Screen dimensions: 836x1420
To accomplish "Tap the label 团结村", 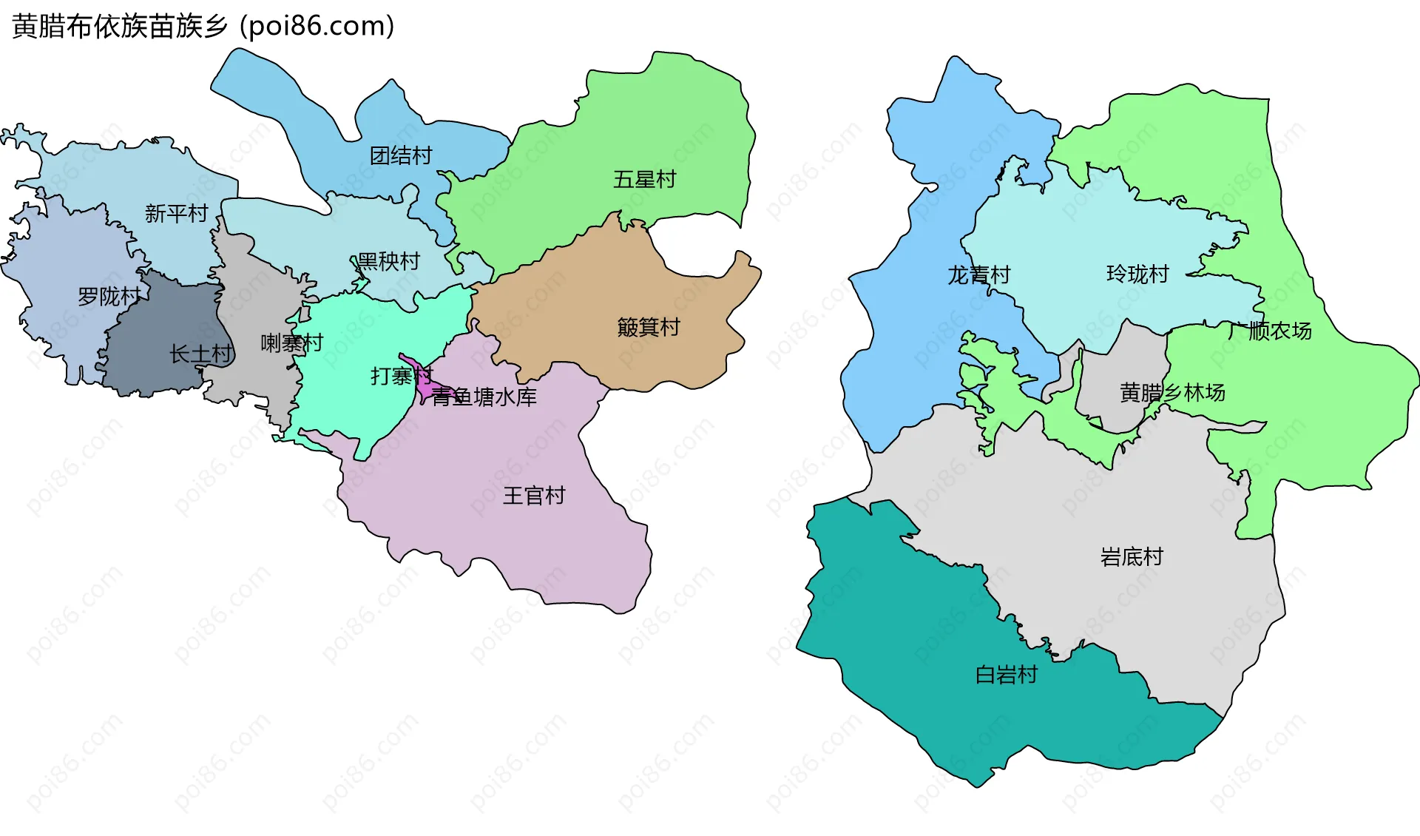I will (x=401, y=156).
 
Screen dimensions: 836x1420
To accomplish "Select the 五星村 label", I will (x=644, y=180).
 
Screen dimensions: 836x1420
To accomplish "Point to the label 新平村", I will (x=176, y=214).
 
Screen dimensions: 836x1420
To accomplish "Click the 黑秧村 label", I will (x=388, y=261).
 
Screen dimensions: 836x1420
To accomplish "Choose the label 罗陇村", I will (x=109, y=297).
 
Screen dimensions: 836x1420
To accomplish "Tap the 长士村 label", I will (x=200, y=354).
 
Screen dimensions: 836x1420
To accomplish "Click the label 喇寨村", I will (x=291, y=343).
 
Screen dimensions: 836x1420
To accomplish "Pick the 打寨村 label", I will (x=401, y=377).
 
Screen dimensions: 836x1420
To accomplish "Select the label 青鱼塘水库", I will (x=484, y=397).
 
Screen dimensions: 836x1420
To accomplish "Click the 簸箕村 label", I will (x=649, y=327).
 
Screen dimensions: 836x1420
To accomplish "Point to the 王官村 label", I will (x=534, y=496).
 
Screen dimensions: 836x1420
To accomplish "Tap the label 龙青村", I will (x=979, y=275).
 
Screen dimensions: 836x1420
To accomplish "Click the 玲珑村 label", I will (x=1137, y=274).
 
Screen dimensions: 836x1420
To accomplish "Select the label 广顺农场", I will (x=1269, y=331).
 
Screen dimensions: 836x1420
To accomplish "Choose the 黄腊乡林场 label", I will (x=1172, y=393).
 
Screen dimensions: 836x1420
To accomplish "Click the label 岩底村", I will (x=1132, y=557).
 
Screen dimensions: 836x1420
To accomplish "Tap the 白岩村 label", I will (x=1007, y=675).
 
